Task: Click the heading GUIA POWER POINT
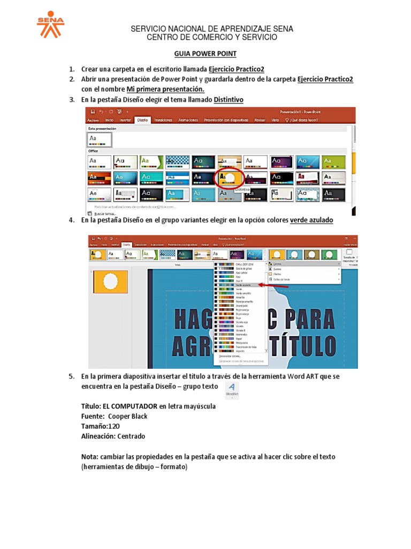click(x=205, y=54)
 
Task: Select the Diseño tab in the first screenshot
click(x=142, y=120)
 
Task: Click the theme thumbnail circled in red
click(x=230, y=178)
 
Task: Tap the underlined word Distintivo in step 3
click(x=229, y=100)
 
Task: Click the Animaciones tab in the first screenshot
click(x=188, y=120)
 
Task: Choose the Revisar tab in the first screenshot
click(x=260, y=120)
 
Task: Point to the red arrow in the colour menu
click(x=270, y=285)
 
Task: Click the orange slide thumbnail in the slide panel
click(x=111, y=281)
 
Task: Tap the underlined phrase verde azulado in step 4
click(x=311, y=220)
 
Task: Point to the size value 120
click(x=113, y=426)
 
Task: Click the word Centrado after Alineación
click(x=131, y=436)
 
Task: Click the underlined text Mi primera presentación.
click(x=165, y=89)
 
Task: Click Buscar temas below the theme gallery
click(x=108, y=213)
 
